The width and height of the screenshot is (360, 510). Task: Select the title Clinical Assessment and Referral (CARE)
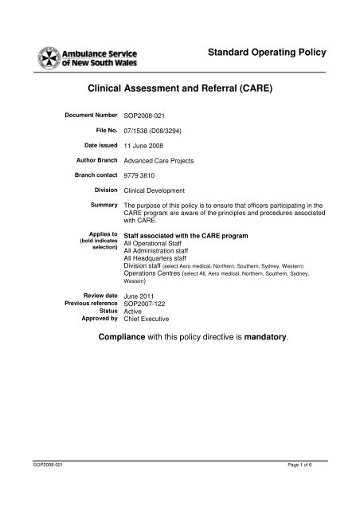(x=180, y=92)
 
